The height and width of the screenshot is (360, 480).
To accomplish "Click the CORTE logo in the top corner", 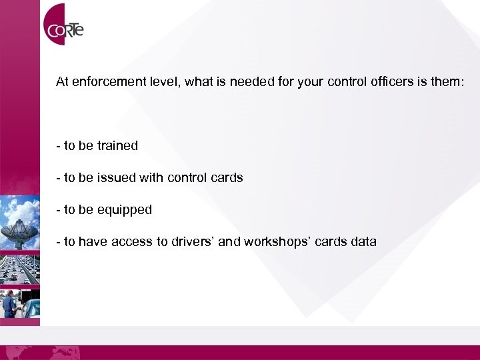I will [64, 28].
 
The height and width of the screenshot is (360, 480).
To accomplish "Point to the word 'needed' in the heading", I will [230, 83].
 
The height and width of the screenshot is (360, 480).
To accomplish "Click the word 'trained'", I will [117, 145].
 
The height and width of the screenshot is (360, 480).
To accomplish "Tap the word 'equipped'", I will [125, 210].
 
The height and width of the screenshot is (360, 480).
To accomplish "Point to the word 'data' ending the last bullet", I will [363, 241].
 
